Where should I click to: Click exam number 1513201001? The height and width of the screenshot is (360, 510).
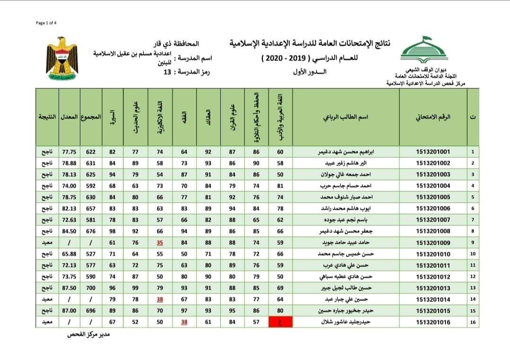[x=433, y=152]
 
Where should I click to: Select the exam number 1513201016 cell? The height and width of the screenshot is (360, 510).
[x=433, y=322]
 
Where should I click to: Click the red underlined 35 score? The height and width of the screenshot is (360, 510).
[x=160, y=243]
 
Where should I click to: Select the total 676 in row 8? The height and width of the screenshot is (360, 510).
[x=91, y=231]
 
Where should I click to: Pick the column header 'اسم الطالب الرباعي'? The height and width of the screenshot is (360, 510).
[x=346, y=117]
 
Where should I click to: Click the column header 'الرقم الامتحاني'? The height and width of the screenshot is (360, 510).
[x=433, y=117]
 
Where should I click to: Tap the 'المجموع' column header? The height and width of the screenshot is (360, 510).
[x=91, y=117]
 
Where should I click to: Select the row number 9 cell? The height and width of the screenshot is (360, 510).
[x=473, y=243]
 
